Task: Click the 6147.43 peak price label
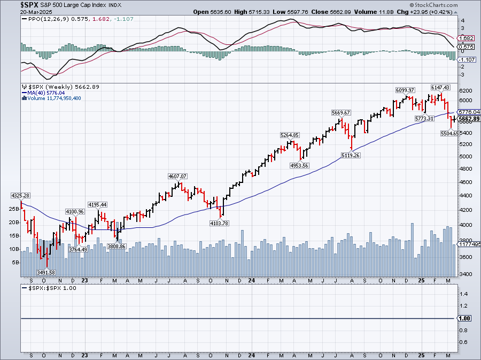point(440,87)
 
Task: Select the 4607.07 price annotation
point(178,176)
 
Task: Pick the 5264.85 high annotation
point(289,135)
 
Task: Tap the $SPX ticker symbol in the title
point(29,4)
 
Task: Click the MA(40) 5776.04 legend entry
point(42,92)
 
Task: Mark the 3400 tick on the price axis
point(466,274)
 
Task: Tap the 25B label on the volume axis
point(14,208)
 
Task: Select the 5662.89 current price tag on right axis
point(469,119)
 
